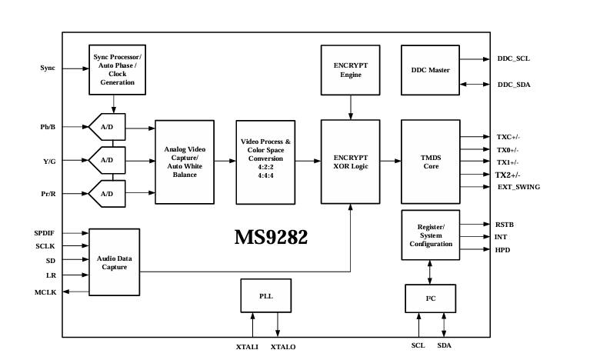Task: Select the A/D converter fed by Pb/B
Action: pos(108,126)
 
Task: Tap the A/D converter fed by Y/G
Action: pos(108,160)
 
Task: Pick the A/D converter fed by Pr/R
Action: pos(108,194)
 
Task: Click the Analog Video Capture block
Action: pos(185,162)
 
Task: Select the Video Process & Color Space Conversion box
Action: pos(266,162)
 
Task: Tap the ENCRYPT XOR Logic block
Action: pos(351,162)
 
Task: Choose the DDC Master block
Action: pos(430,70)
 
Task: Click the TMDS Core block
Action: pos(430,162)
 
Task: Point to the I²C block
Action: pos(430,298)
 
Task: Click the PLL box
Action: pos(266,295)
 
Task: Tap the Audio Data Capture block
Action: pos(115,262)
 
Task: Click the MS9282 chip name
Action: pos(271,237)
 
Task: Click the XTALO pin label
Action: pos(283,347)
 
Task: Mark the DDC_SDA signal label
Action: pos(513,85)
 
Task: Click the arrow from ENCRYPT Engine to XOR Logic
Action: pos(351,106)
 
